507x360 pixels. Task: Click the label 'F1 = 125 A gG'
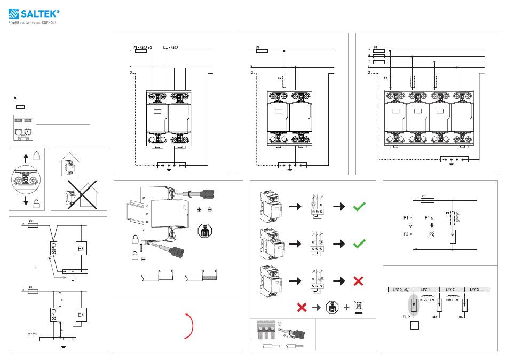[x=143, y=48]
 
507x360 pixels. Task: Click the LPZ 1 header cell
[x=425, y=289]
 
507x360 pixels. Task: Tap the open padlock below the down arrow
[x=36, y=204]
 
